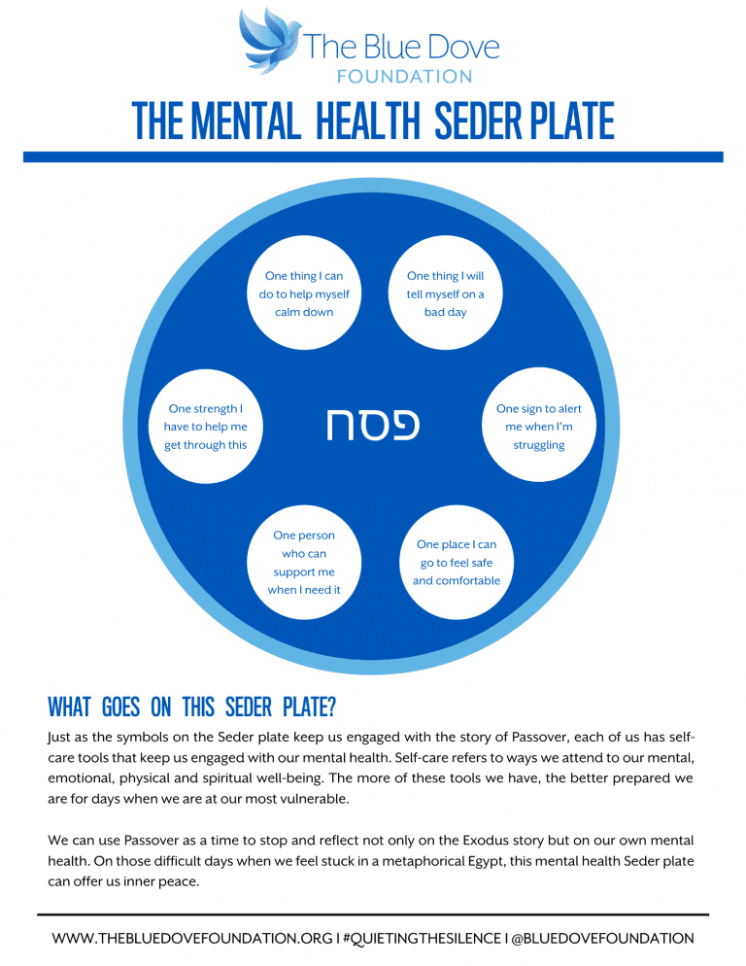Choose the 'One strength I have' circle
click(207, 427)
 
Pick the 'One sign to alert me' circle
click(539, 427)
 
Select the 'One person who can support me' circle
click(304, 563)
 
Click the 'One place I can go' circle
click(456, 563)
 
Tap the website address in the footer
click(191, 939)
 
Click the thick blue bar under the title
click(373, 156)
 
